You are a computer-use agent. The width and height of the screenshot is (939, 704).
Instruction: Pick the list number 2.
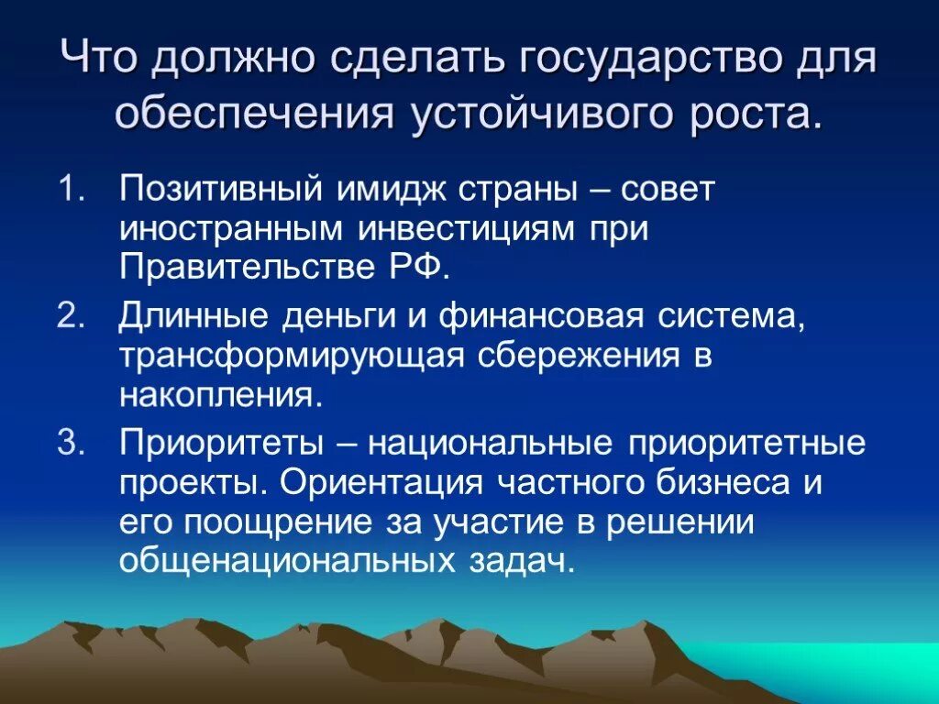pyautogui.click(x=71, y=316)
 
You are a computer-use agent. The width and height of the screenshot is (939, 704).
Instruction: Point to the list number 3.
pyautogui.click(x=71, y=444)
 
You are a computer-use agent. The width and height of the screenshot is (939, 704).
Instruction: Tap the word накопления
pyautogui.click(x=221, y=395)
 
